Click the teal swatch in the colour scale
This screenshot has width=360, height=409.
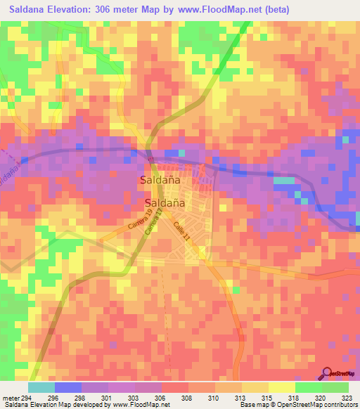[41, 387]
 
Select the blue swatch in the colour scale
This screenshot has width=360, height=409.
[68, 387]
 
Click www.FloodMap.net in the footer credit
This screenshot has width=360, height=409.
[137, 404]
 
